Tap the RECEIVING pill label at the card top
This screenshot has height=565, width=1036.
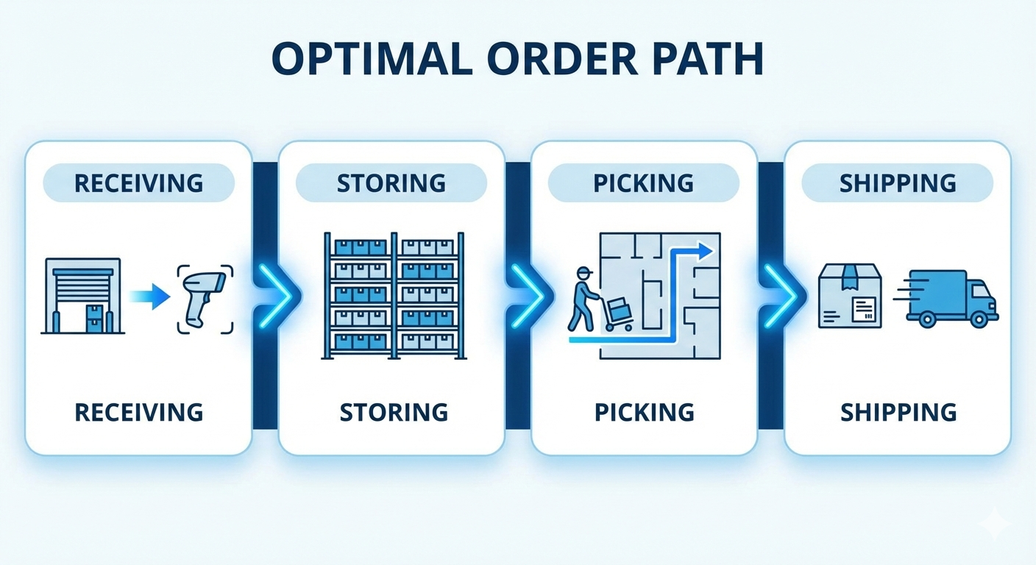pos(138,182)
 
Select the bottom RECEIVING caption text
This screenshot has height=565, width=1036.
pos(138,412)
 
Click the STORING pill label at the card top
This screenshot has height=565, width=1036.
pos(391,182)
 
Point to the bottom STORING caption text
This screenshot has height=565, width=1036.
pos(394,412)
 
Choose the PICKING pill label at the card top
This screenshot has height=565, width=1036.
pos(644,182)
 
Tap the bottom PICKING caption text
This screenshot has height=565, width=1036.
pos(645,412)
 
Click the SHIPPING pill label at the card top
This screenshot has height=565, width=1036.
pos(898,182)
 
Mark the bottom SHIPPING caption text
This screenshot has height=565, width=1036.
pos(898,412)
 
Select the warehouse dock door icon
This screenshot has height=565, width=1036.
pos(82,296)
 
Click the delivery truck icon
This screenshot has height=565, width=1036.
pos(949,297)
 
